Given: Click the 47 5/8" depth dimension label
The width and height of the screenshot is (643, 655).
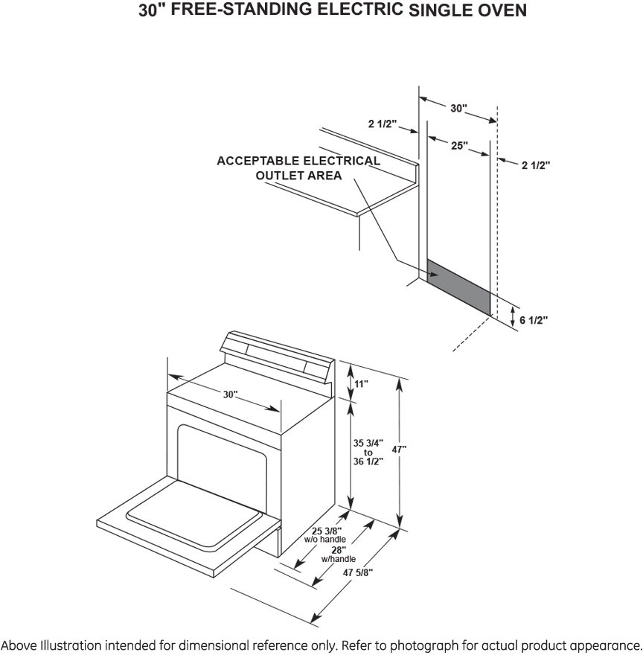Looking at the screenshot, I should pyautogui.click(x=357, y=572).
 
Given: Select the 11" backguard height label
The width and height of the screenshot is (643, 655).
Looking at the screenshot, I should pyautogui.click(x=361, y=383).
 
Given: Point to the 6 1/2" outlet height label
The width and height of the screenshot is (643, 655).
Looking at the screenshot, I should pyautogui.click(x=534, y=320).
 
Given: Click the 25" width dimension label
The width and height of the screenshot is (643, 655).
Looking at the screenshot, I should pyautogui.click(x=459, y=146).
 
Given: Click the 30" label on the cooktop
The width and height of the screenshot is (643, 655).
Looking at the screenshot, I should pyautogui.click(x=229, y=394).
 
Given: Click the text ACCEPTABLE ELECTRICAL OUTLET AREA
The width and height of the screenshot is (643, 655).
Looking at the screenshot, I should pyautogui.click(x=298, y=168).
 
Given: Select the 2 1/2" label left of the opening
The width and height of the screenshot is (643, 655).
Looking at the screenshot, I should pyautogui.click(x=383, y=124).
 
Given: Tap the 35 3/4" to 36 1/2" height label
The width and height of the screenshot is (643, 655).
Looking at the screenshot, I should pyautogui.click(x=368, y=452).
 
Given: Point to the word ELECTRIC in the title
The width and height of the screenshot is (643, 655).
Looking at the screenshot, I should pyautogui.click(x=369, y=10).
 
